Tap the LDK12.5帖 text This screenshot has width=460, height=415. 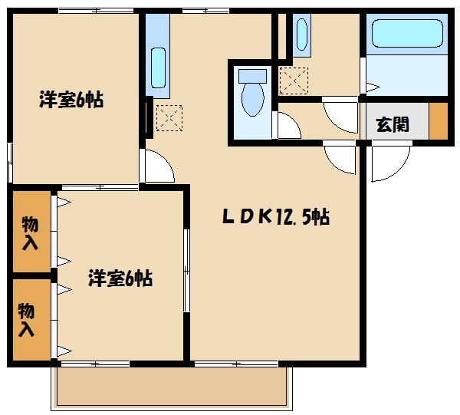[x=276, y=218]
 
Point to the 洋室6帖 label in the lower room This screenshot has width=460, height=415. [x=120, y=278]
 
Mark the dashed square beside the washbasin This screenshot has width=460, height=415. [x=294, y=80]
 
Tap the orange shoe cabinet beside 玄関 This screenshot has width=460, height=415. [x=438, y=120]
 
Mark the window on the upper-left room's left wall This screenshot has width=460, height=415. [x=9, y=161]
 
